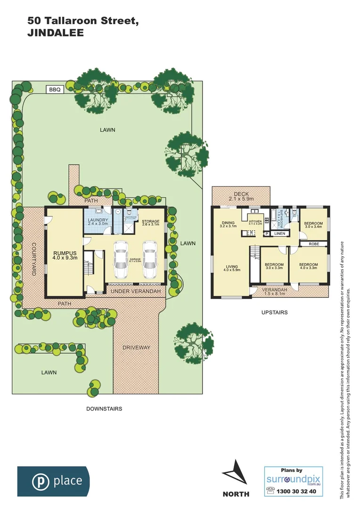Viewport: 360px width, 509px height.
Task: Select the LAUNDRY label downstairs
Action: tap(98, 220)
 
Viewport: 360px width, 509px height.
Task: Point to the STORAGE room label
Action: tap(151, 221)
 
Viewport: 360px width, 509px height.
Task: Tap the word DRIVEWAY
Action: tap(136, 347)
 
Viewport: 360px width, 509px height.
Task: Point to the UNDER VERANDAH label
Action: tap(136, 292)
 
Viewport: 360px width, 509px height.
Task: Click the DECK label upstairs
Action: tap(241, 194)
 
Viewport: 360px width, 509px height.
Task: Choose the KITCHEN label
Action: tap(255, 221)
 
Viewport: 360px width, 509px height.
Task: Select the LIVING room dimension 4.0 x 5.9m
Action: tap(233, 270)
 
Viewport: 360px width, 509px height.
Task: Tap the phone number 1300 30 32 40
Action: tap(298, 491)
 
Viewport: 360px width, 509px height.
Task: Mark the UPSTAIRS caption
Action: tap(274, 312)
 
